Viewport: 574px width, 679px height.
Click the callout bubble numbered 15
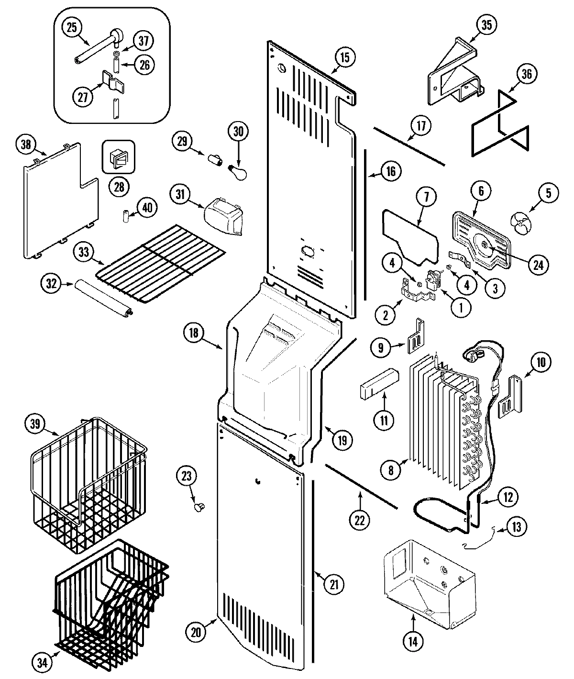[344, 57]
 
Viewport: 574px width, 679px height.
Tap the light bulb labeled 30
[238, 171]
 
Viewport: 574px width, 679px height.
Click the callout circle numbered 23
[186, 476]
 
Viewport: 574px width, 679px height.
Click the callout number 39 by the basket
[37, 424]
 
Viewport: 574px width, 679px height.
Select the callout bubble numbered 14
[414, 642]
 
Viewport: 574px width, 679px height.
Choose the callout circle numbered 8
[391, 470]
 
